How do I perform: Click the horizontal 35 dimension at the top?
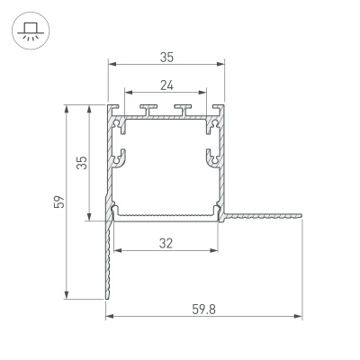pos(166,56)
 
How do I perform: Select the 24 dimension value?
pos(166,85)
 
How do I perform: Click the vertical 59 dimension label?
pos(56,202)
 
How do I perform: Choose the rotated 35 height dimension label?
pos(81,163)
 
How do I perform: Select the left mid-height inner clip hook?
pos(118,157)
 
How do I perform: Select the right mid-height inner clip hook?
pos(213,157)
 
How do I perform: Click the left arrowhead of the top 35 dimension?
pos(111,64)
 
